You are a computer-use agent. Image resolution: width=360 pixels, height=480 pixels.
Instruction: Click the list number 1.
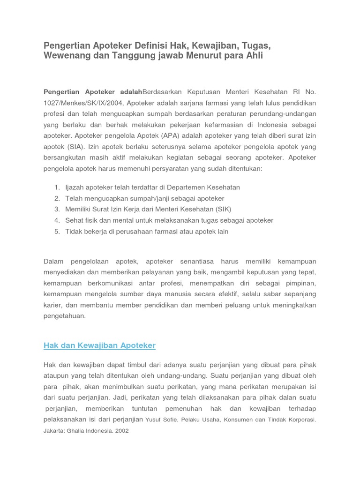(56, 187)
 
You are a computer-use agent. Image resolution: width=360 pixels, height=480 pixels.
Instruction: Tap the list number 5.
(56, 232)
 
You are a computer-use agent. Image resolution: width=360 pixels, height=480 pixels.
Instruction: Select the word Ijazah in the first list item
(75, 187)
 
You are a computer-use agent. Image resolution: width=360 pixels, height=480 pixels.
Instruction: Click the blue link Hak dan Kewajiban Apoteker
(99, 345)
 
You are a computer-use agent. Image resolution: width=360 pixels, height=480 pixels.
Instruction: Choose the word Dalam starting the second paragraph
(53, 261)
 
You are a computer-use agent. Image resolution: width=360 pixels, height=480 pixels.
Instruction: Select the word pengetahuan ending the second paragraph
(65, 316)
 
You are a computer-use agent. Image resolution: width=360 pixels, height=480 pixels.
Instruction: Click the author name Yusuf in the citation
(155, 420)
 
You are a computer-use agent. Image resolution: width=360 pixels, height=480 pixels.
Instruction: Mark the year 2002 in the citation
(120, 430)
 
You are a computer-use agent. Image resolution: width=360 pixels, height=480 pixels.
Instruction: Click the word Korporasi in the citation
(299, 420)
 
